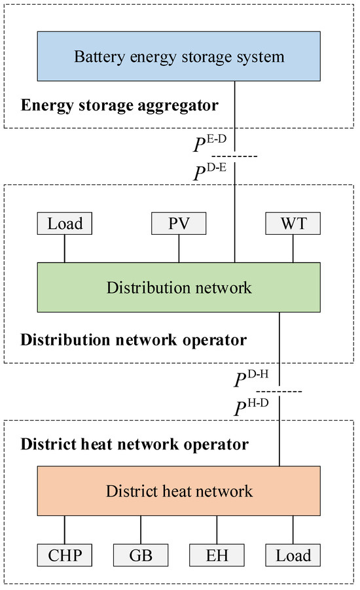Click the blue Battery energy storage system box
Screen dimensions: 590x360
(179, 57)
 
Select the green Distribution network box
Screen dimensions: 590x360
(179, 287)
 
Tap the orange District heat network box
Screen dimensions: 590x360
(179, 490)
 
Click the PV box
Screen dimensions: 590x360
(178, 224)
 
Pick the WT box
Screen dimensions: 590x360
(293, 224)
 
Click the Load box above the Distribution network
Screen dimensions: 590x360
(65, 224)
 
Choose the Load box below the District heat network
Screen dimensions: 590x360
(293, 556)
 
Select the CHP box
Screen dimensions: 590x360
(65, 556)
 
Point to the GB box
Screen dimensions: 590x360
(140, 556)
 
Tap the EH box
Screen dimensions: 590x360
(217, 556)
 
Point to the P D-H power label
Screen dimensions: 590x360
(251, 380)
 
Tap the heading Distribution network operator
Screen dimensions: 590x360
(134, 340)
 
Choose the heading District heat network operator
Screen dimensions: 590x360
(135, 445)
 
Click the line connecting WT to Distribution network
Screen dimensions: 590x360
(293, 249)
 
